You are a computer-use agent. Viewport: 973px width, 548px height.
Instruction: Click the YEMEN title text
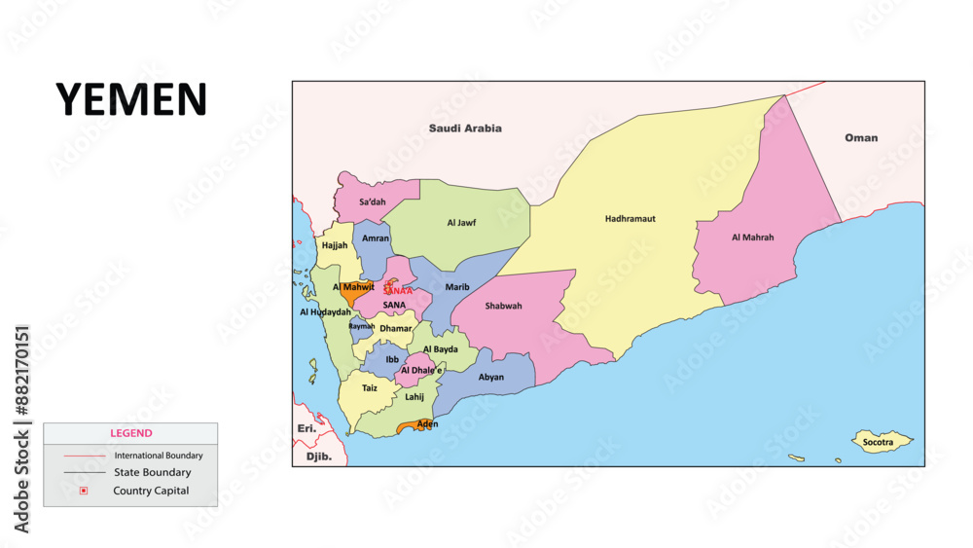tap(131, 99)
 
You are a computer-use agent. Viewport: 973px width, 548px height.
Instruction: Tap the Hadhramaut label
tap(630, 219)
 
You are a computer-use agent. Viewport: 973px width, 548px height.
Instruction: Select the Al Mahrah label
tap(753, 237)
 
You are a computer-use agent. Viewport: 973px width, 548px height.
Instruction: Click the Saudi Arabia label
tap(465, 128)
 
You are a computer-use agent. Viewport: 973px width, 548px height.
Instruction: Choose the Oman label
tap(860, 138)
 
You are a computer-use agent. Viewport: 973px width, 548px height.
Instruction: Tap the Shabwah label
tap(503, 306)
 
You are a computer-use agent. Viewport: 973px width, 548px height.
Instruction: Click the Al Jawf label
tap(461, 223)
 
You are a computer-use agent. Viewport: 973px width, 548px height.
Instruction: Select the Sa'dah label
tap(373, 202)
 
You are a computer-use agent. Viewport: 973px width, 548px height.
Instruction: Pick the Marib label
tap(457, 287)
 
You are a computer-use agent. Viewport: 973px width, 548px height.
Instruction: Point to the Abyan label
tap(491, 377)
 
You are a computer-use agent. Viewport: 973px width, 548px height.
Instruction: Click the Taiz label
tap(370, 388)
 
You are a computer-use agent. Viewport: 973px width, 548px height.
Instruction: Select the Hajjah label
tap(335, 246)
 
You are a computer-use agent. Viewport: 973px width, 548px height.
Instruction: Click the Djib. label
tap(319, 457)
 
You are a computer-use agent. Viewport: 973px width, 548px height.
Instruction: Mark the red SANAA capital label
tap(398, 290)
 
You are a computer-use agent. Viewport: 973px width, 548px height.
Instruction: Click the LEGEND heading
tap(129, 433)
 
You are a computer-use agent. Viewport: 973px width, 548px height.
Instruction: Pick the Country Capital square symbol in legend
tap(84, 491)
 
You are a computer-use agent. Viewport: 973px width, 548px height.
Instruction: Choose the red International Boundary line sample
tap(85, 456)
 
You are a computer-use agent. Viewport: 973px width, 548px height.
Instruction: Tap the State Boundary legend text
tap(152, 473)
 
